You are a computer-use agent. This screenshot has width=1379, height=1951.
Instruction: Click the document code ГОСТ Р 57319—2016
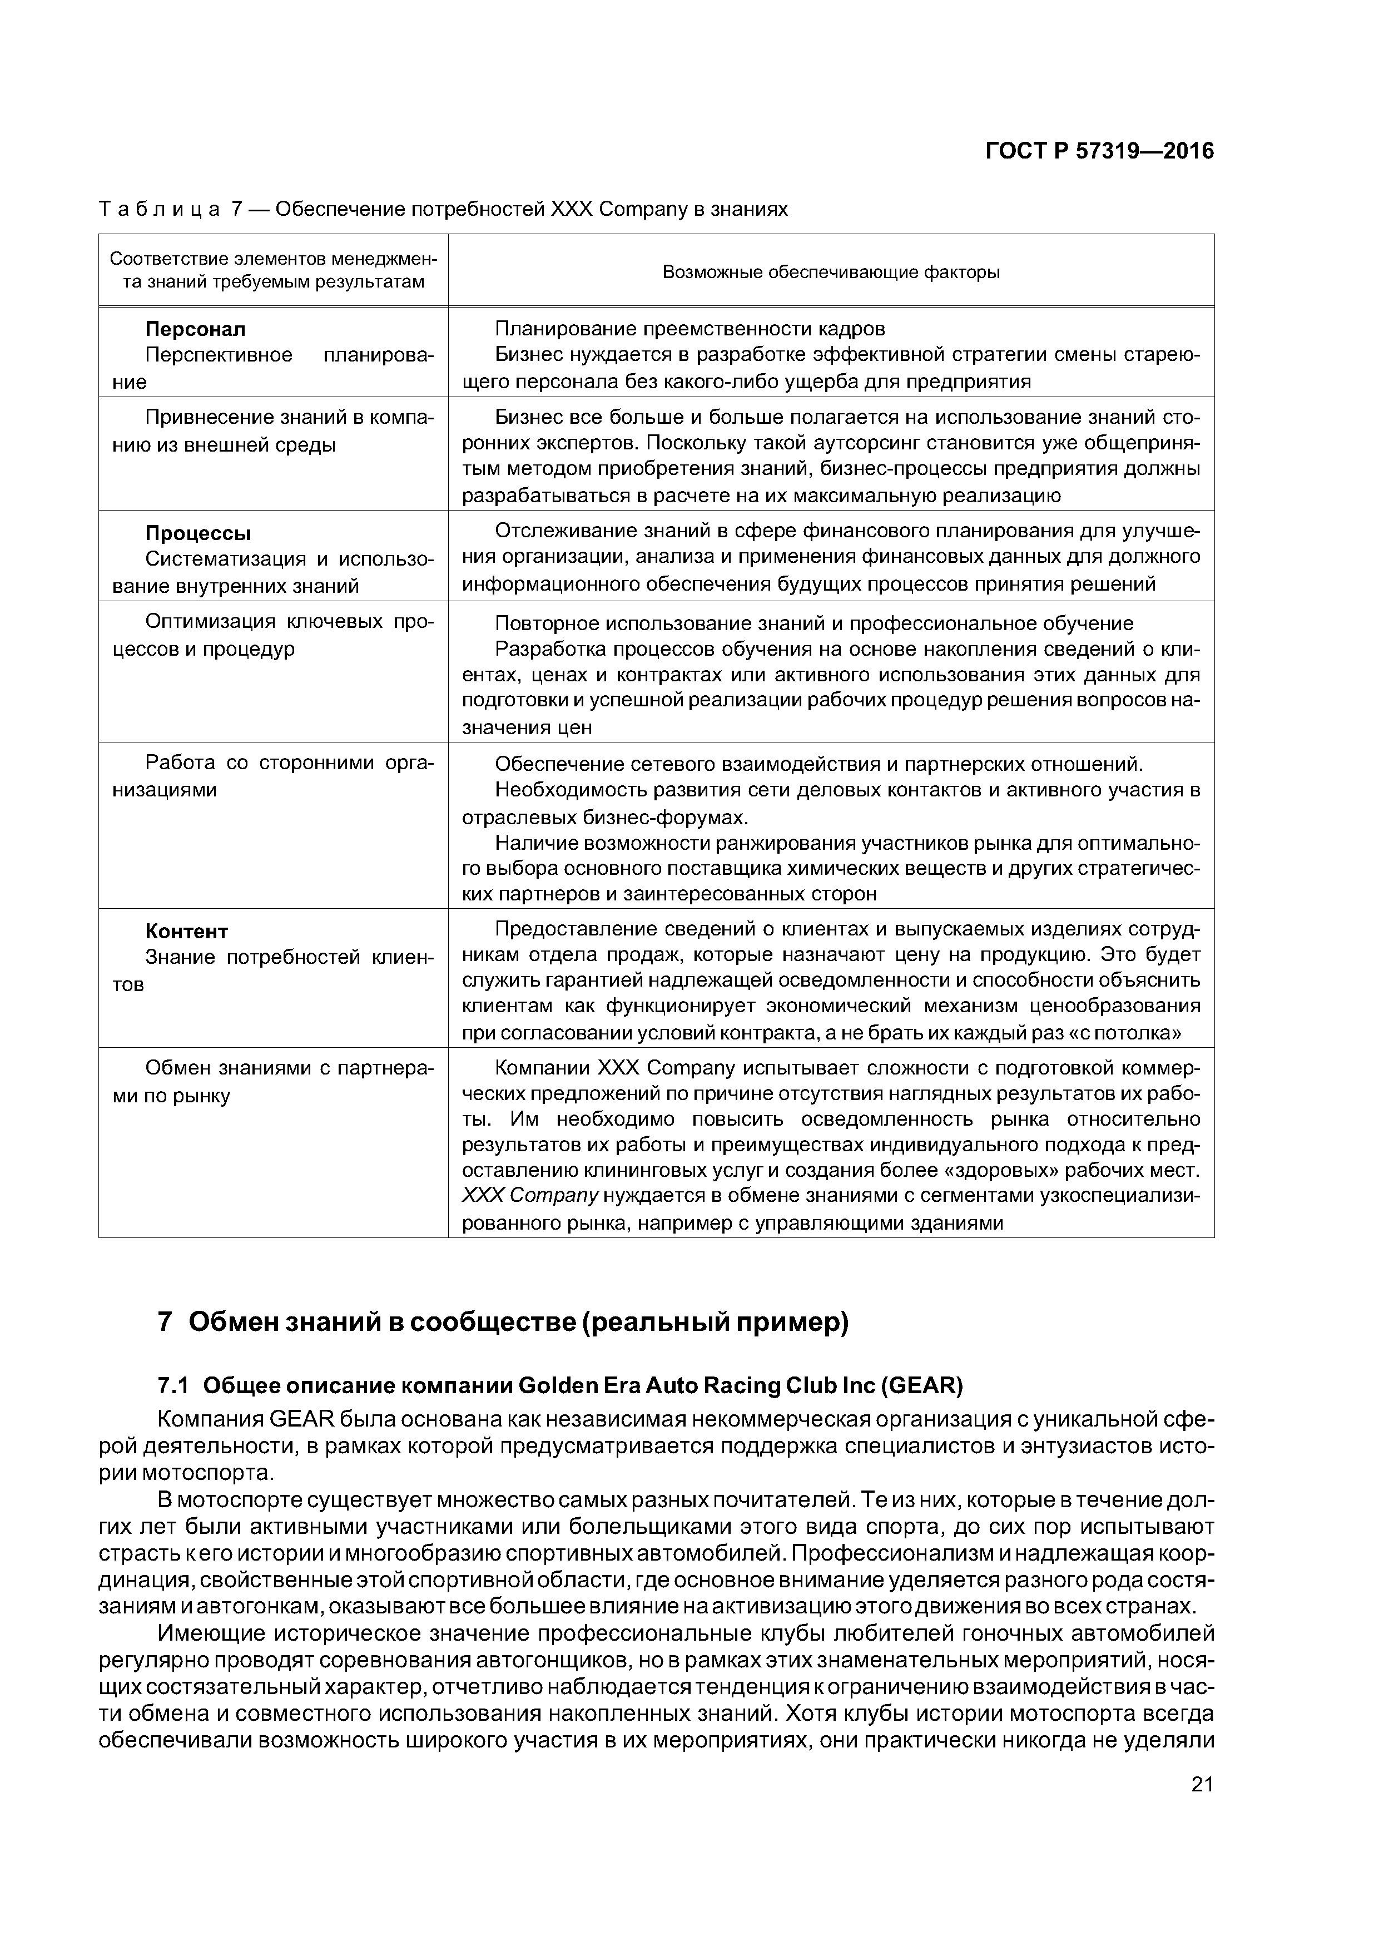click(1099, 151)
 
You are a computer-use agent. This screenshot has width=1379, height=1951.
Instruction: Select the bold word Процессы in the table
click(198, 534)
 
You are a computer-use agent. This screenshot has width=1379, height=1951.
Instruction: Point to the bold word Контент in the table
click(186, 932)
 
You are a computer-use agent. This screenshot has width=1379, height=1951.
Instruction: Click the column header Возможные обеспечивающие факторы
click(830, 272)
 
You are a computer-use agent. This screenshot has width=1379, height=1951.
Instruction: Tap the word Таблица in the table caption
click(160, 209)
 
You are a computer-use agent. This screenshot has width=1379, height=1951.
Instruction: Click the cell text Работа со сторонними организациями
click(272, 776)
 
